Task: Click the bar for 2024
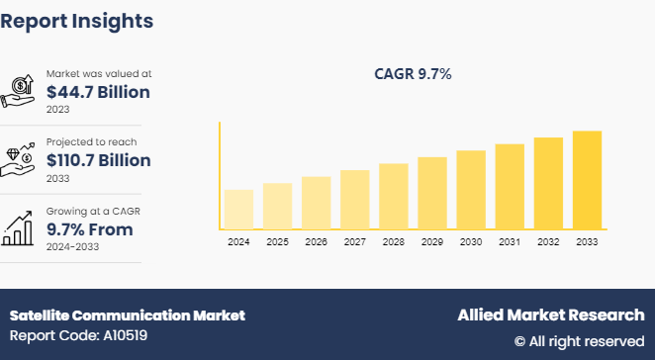[238, 209]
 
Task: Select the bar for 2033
[587, 180]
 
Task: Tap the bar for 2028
[393, 196]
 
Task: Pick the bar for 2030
[471, 190]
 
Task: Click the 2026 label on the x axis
[316, 242]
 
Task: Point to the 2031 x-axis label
[510, 242]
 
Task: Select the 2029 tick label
[432, 242]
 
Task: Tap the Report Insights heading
[76, 20]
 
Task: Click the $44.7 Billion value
[98, 92]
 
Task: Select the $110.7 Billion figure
[98, 160]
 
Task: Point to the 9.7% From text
[89, 229]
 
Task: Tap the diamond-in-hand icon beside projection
[21, 158]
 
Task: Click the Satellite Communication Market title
[127, 315]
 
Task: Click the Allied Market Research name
[550, 315]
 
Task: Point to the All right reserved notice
[579, 341]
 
